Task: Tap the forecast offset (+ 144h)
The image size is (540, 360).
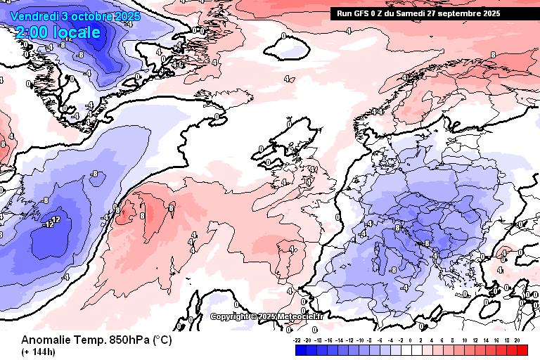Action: pos(39,352)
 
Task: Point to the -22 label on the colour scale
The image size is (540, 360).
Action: pos(297,340)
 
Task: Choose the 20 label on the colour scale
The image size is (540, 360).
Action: pos(517,340)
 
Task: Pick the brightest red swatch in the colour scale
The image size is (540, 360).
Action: pos(521,349)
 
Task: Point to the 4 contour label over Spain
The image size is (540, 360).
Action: pos(292,249)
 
